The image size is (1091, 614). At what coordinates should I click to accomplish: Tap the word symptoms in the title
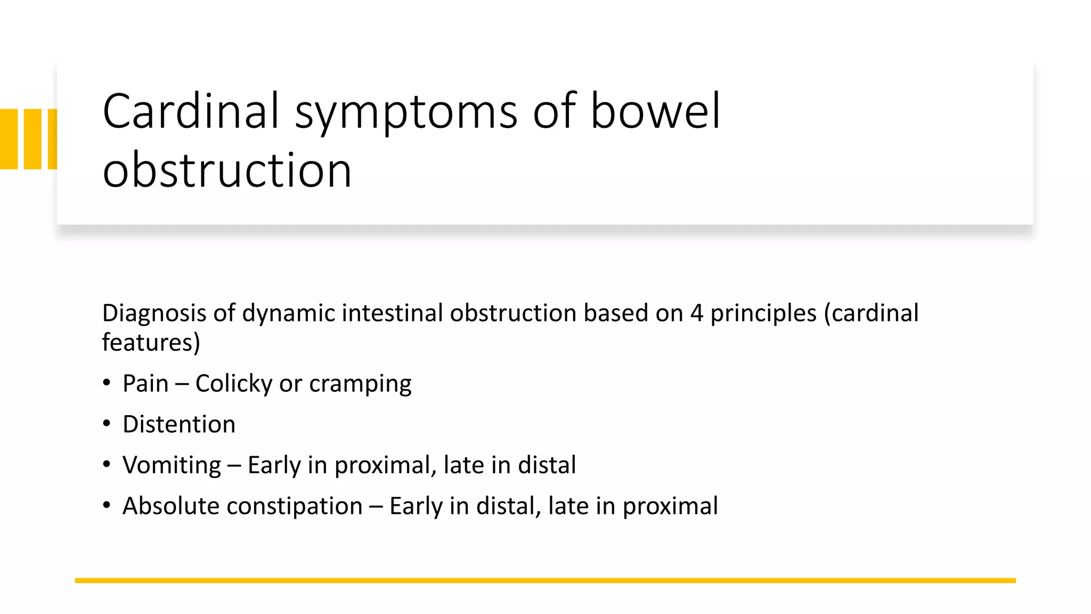click(x=406, y=113)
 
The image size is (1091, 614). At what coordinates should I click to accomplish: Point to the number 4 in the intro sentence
click(x=696, y=313)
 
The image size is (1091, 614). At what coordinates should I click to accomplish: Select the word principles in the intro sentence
click(x=763, y=313)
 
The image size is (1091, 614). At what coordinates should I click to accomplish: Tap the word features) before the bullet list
click(x=151, y=342)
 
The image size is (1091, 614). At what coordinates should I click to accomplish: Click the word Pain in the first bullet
click(x=145, y=383)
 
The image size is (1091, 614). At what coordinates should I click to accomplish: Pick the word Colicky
click(x=234, y=384)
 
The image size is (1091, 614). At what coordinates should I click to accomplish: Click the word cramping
click(x=360, y=384)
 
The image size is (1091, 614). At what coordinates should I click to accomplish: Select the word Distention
click(x=179, y=424)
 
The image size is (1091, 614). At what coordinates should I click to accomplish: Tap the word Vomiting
click(x=172, y=465)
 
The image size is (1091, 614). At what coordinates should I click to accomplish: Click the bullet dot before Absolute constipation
click(x=107, y=505)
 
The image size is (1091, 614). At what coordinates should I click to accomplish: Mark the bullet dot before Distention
click(x=107, y=424)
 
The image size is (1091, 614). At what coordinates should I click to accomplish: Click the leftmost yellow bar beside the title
click(x=9, y=139)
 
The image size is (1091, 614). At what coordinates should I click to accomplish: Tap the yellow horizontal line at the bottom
click(x=545, y=580)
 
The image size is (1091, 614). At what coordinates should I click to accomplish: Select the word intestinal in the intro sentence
click(x=392, y=313)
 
